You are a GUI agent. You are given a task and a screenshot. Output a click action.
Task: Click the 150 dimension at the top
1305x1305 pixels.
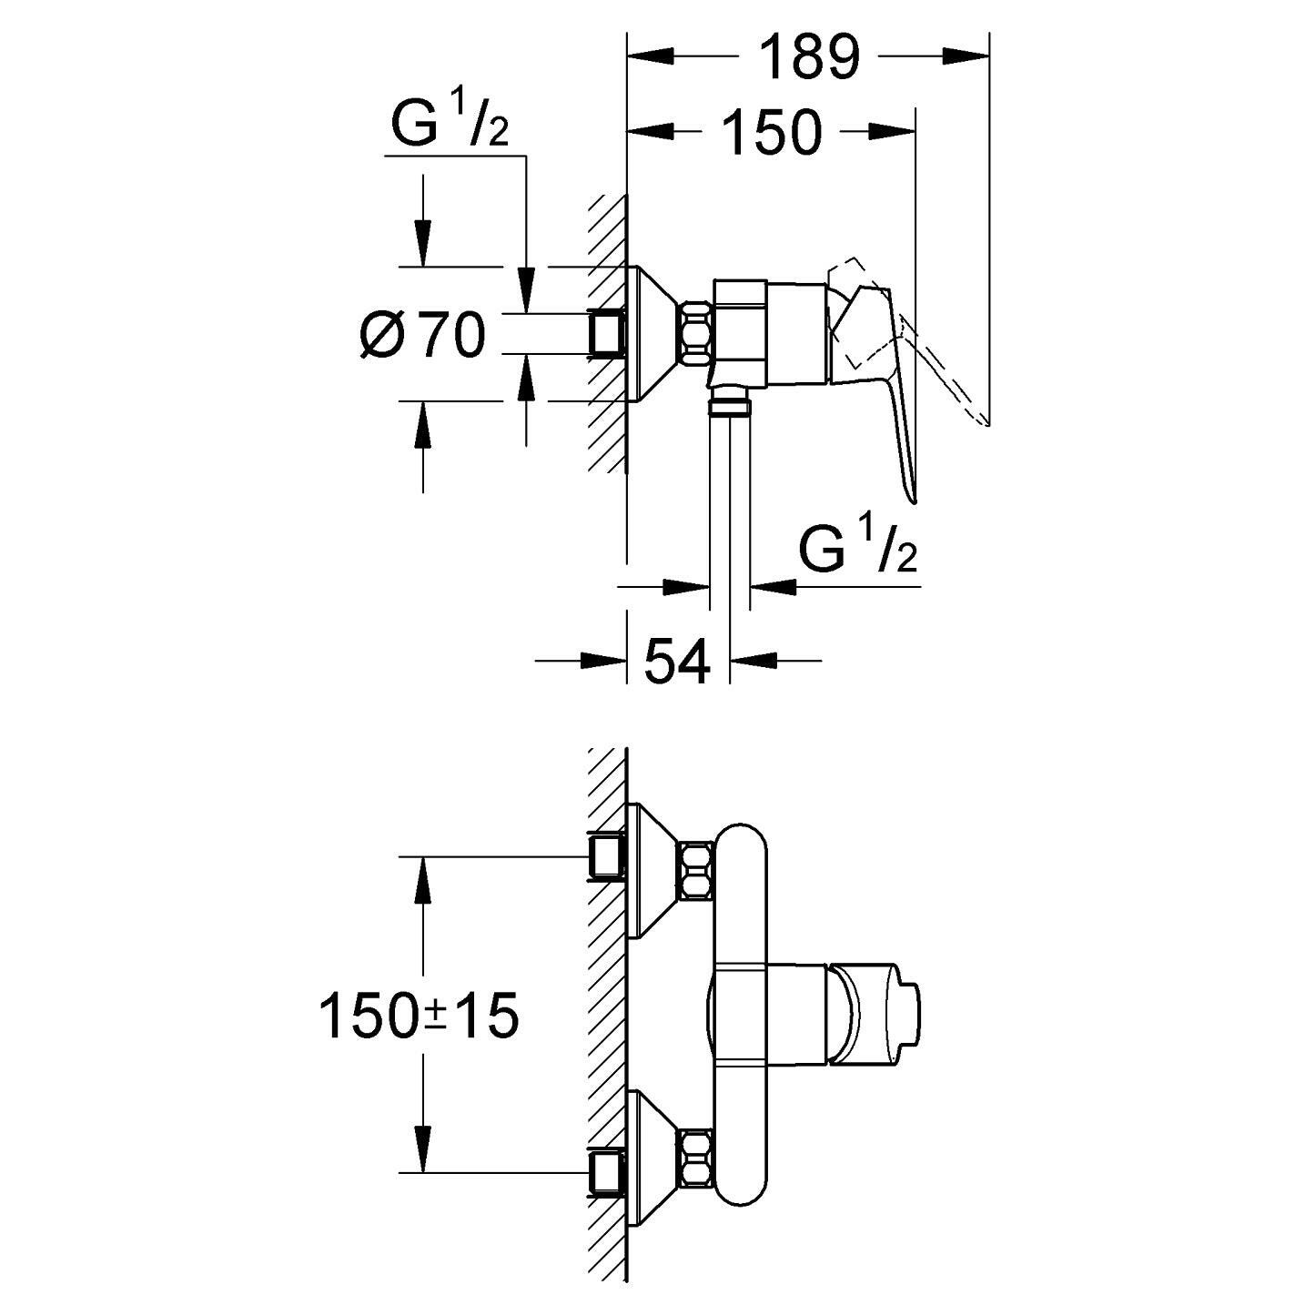(x=772, y=132)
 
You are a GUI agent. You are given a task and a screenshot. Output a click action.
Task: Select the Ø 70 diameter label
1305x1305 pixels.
(x=422, y=334)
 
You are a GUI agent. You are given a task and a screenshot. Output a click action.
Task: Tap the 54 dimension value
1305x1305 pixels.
(x=677, y=661)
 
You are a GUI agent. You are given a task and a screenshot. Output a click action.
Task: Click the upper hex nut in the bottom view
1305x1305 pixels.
(x=696, y=870)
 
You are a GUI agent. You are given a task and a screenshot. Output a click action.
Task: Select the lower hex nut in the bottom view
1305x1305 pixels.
(x=696, y=1158)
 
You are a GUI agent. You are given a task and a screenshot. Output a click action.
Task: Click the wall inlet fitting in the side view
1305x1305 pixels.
(x=607, y=333)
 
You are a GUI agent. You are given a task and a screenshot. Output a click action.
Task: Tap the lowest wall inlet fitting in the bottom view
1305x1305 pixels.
(x=607, y=1173)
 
